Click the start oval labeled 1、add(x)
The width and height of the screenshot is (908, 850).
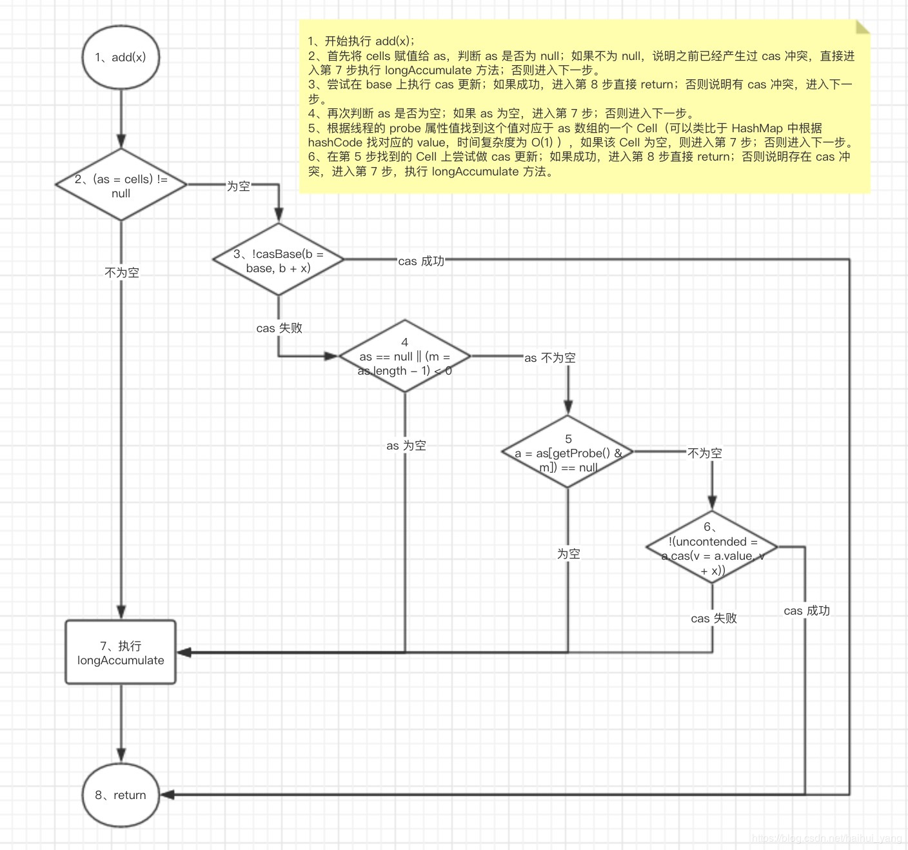[x=121, y=57]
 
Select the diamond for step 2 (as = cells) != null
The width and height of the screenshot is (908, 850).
[x=121, y=185]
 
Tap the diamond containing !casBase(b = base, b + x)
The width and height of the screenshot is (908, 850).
[x=279, y=260]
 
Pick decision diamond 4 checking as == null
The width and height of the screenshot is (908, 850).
[x=405, y=356]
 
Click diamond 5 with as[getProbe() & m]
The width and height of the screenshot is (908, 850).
[x=568, y=453]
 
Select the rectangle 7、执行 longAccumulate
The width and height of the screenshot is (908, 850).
[x=121, y=653]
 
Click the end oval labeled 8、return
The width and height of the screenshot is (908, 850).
[x=121, y=795]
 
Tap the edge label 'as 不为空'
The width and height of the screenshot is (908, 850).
[x=549, y=358]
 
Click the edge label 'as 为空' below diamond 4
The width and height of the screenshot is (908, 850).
[x=406, y=446]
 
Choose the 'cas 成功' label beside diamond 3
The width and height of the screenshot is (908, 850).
[x=421, y=261]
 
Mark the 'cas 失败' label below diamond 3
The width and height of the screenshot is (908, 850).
[x=279, y=328]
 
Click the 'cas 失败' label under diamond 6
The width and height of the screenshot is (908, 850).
[x=713, y=618]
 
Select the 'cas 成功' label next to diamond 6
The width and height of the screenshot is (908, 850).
[x=807, y=611]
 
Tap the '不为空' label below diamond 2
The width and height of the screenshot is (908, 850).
[x=122, y=273]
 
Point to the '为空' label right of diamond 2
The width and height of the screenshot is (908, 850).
[x=238, y=186]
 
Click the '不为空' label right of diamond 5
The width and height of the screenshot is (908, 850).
[x=704, y=453]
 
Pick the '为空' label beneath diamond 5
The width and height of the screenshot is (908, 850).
[x=569, y=554]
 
